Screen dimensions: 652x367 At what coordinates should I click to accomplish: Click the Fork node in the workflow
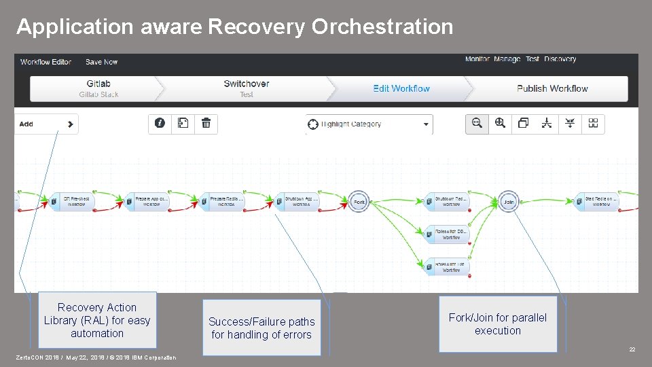click(359, 202)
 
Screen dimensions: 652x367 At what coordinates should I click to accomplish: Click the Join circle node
click(509, 202)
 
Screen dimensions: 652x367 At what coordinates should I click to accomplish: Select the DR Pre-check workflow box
click(73, 202)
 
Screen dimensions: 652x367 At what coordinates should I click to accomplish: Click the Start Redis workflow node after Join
click(600, 202)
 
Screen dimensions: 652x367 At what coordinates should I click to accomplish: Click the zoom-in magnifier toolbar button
click(501, 124)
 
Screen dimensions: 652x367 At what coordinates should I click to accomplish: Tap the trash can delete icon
click(206, 124)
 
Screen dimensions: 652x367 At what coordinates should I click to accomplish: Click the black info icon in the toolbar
click(160, 124)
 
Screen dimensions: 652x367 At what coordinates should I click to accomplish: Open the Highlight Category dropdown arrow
click(427, 124)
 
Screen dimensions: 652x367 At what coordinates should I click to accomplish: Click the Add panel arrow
click(70, 124)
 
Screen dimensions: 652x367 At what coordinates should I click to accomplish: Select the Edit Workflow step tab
click(401, 88)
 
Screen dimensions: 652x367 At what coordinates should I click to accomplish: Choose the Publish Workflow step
click(552, 88)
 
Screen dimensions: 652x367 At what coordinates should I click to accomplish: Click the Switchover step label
click(247, 84)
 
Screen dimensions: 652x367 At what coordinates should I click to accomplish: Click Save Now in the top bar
click(102, 62)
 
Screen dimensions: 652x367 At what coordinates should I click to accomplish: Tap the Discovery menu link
click(560, 59)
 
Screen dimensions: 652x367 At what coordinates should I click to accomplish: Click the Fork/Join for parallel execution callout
click(498, 324)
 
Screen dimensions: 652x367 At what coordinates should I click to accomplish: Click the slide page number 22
click(632, 349)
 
